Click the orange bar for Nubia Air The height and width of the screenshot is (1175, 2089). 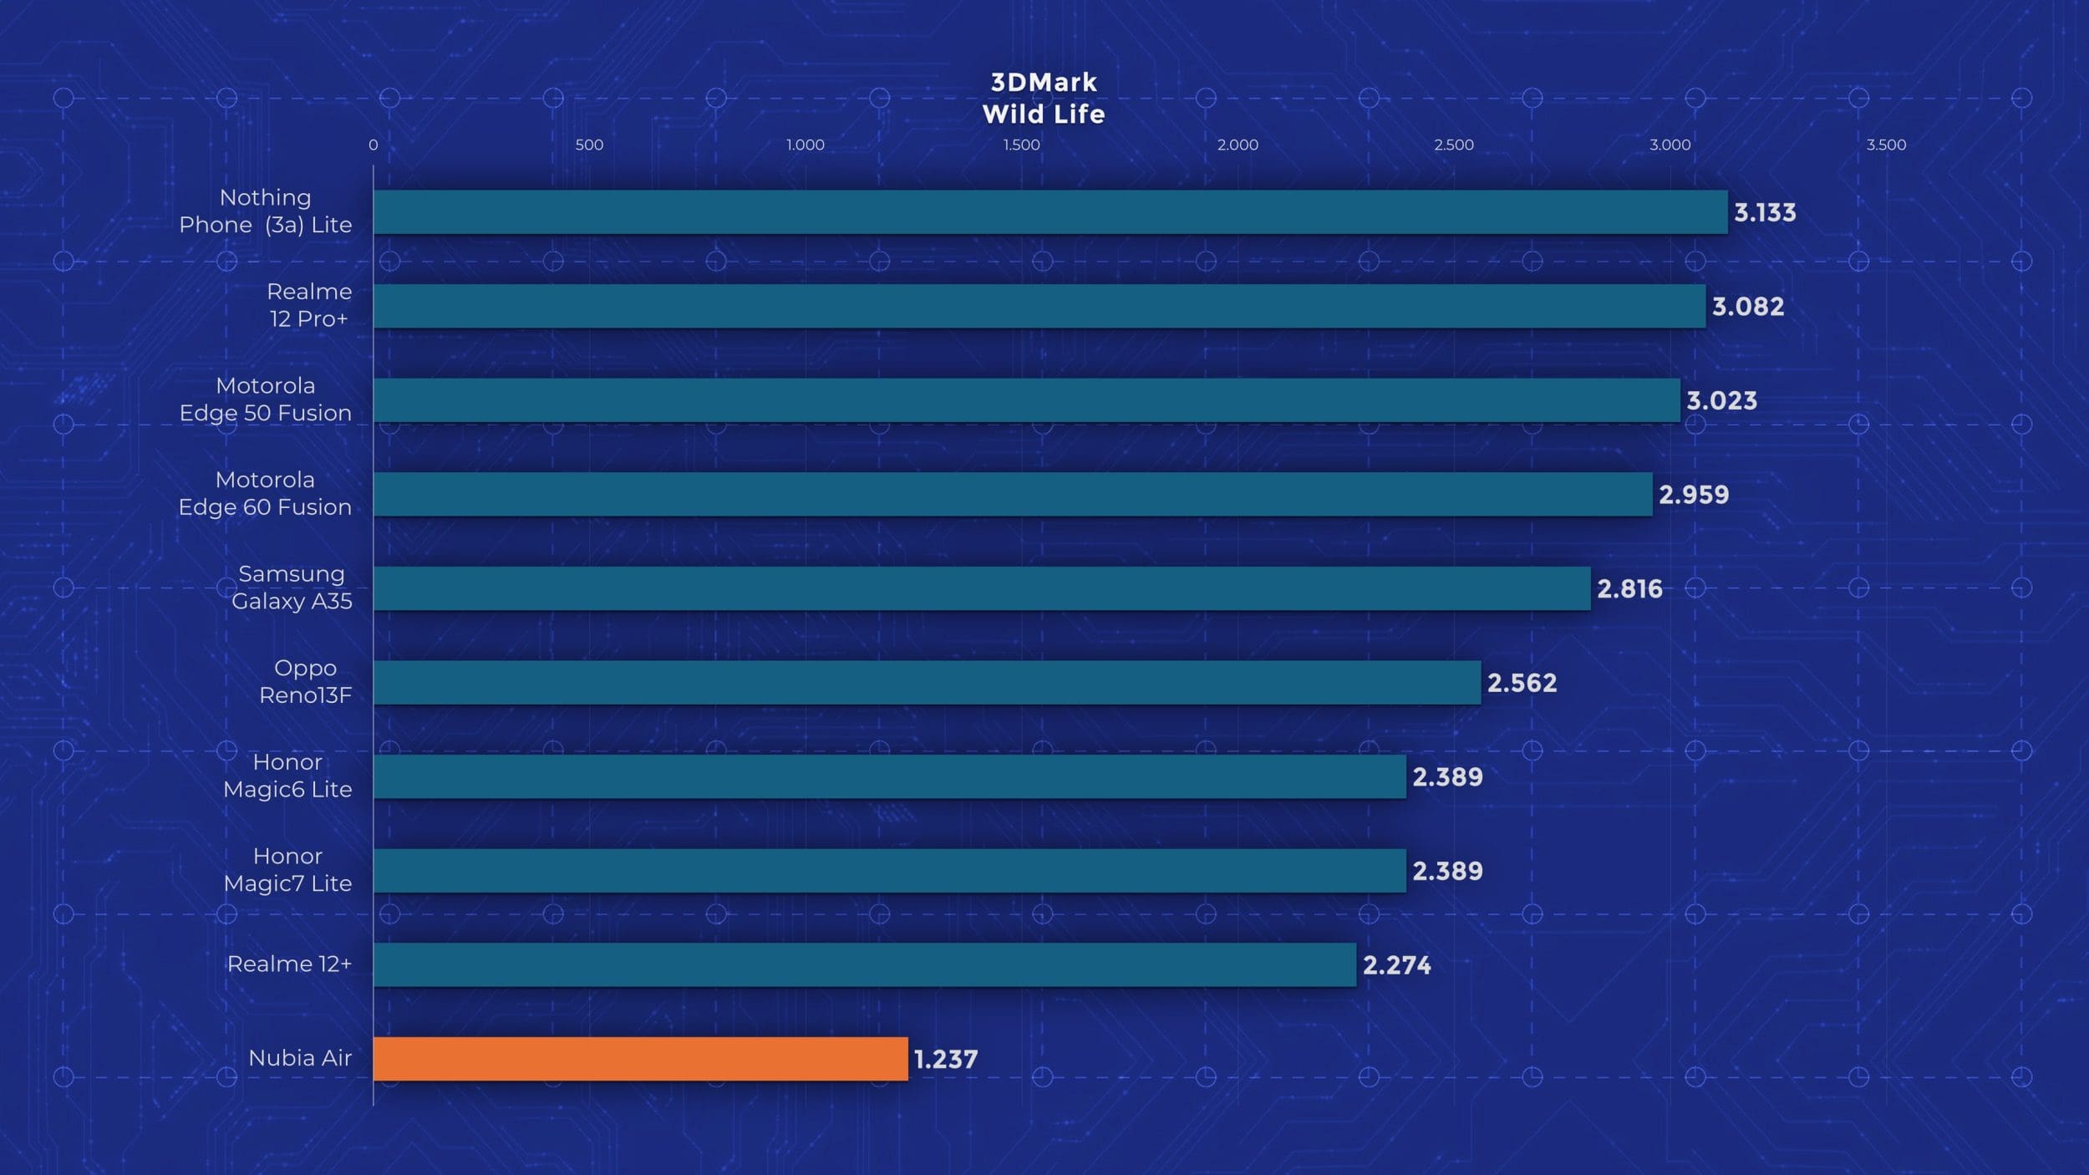click(x=640, y=1059)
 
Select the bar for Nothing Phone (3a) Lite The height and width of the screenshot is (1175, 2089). click(x=1050, y=212)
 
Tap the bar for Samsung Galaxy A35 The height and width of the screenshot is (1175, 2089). click(x=982, y=588)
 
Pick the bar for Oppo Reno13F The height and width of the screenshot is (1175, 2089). click(x=927, y=683)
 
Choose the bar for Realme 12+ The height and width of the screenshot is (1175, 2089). click(x=865, y=965)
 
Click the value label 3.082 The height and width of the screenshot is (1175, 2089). click(x=1748, y=307)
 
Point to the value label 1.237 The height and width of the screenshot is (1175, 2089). click(x=946, y=1060)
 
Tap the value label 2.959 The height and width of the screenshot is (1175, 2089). click(x=1694, y=495)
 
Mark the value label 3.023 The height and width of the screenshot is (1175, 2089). click(x=1722, y=401)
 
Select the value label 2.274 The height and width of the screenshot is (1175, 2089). click(x=1397, y=965)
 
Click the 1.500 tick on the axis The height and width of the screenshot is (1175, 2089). click(x=1021, y=145)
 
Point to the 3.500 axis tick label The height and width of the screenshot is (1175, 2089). click(x=1886, y=145)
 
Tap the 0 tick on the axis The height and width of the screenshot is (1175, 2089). click(x=374, y=145)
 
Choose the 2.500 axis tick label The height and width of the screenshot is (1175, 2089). click(x=1454, y=145)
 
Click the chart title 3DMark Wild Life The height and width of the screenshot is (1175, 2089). click(x=1044, y=98)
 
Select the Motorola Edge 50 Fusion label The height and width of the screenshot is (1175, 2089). click(x=266, y=399)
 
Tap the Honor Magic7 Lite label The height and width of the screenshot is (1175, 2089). click(x=287, y=870)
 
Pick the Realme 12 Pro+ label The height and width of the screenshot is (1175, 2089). click(x=309, y=305)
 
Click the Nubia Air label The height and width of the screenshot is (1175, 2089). click(x=300, y=1058)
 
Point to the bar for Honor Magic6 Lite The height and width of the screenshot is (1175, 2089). click(x=890, y=777)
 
